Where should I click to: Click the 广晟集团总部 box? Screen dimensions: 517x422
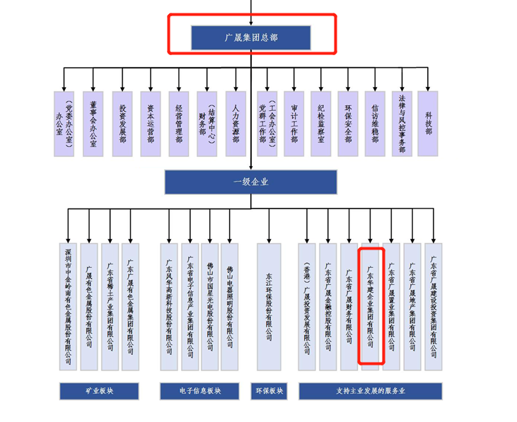[250, 38]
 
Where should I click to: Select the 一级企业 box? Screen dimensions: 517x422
[250, 182]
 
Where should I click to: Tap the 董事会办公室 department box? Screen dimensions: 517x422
[93, 124]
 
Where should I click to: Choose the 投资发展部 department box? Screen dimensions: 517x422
[122, 124]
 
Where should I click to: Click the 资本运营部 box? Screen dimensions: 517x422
[150, 124]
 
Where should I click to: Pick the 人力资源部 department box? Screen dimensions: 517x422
[236, 124]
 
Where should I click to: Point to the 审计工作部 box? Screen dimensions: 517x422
[293, 124]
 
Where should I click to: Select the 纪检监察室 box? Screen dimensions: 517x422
[321, 124]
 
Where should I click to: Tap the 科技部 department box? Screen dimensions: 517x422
[429, 124]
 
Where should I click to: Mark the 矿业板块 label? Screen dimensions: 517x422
[99, 391]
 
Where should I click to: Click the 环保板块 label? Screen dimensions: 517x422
[269, 391]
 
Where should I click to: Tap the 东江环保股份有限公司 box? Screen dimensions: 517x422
[269, 306]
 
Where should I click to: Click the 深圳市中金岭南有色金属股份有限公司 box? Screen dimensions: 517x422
[68, 306]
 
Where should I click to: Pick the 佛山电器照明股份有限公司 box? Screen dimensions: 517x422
[230, 306]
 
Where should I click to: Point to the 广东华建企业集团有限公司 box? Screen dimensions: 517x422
[371, 306]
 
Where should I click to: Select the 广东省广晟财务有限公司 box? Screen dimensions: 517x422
[349, 306]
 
